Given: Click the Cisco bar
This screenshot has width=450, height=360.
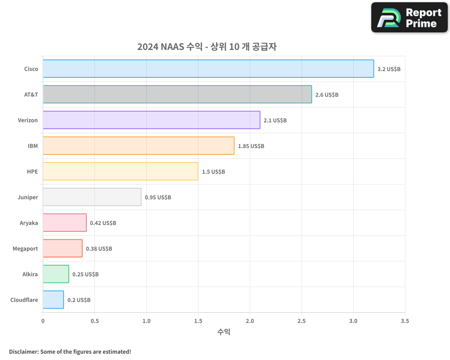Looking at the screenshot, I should pyautogui.click(x=208, y=69).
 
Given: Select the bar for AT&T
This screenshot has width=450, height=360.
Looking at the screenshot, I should pyautogui.click(x=177, y=94).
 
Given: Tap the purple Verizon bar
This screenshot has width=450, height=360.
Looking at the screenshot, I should pyautogui.click(x=151, y=120).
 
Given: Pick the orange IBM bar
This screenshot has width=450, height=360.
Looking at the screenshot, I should pyautogui.click(x=139, y=146).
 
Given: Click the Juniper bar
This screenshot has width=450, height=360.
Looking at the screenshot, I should pyautogui.click(x=92, y=197).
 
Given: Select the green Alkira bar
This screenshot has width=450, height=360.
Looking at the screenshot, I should pyautogui.click(x=56, y=274).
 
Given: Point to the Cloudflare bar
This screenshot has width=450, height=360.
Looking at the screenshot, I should pyautogui.click(x=53, y=300).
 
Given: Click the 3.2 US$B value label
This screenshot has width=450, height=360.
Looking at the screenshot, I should pyautogui.click(x=389, y=69).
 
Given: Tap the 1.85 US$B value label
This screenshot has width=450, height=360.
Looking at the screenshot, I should pyautogui.click(x=251, y=146).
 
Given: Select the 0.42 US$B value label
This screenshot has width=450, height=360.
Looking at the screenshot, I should pyautogui.click(x=103, y=223).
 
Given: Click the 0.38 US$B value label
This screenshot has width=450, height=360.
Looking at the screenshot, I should pyautogui.click(x=99, y=249).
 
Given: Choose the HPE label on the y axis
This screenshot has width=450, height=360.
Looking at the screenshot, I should pyautogui.click(x=32, y=171).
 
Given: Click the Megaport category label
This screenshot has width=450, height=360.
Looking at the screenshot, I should pyautogui.click(x=25, y=248).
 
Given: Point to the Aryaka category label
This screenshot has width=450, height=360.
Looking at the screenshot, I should pyautogui.click(x=29, y=223).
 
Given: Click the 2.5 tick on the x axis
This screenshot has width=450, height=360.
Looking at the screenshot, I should pyautogui.click(x=301, y=321).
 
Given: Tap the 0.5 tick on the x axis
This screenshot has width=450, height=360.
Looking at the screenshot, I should pyautogui.click(x=94, y=321).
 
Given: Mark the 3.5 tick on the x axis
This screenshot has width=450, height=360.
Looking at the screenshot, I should pyautogui.click(x=405, y=321).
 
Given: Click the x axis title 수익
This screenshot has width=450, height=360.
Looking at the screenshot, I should pyautogui.click(x=224, y=332).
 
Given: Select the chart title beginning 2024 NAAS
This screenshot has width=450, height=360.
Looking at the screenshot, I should pyautogui.click(x=207, y=47).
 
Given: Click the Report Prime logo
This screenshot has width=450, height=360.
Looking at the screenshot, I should pyautogui.click(x=409, y=18).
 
